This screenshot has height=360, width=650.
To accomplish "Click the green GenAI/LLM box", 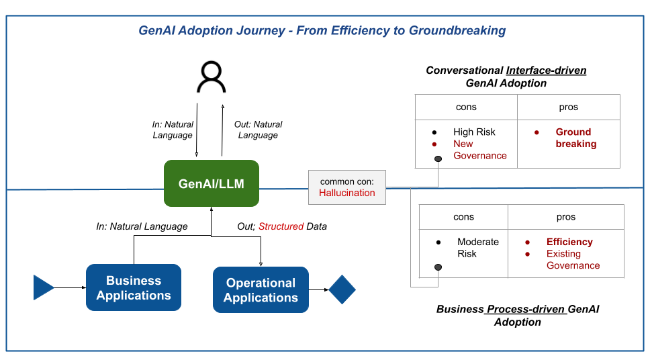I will (211, 183).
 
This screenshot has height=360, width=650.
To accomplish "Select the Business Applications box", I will (134, 288).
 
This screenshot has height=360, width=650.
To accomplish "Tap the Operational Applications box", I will (261, 290).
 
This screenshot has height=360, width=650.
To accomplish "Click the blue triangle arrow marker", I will (43, 287).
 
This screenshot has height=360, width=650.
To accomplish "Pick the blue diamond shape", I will (342, 289).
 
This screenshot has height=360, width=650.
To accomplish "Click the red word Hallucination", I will (346, 193).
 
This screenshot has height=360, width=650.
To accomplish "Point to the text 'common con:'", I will (346, 181).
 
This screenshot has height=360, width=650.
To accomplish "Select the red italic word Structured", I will (281, 227).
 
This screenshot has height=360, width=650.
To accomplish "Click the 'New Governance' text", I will (479, 150).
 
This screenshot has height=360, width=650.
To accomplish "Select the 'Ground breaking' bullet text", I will (575, 138).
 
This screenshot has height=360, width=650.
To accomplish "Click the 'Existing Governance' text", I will (572, 260).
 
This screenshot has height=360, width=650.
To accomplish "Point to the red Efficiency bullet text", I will (569, 242).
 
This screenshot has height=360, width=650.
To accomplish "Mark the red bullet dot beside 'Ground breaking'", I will (537, 132).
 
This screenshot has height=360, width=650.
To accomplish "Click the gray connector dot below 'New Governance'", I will (438, 159).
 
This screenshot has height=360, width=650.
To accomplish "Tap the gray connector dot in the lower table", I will (438, 267).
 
